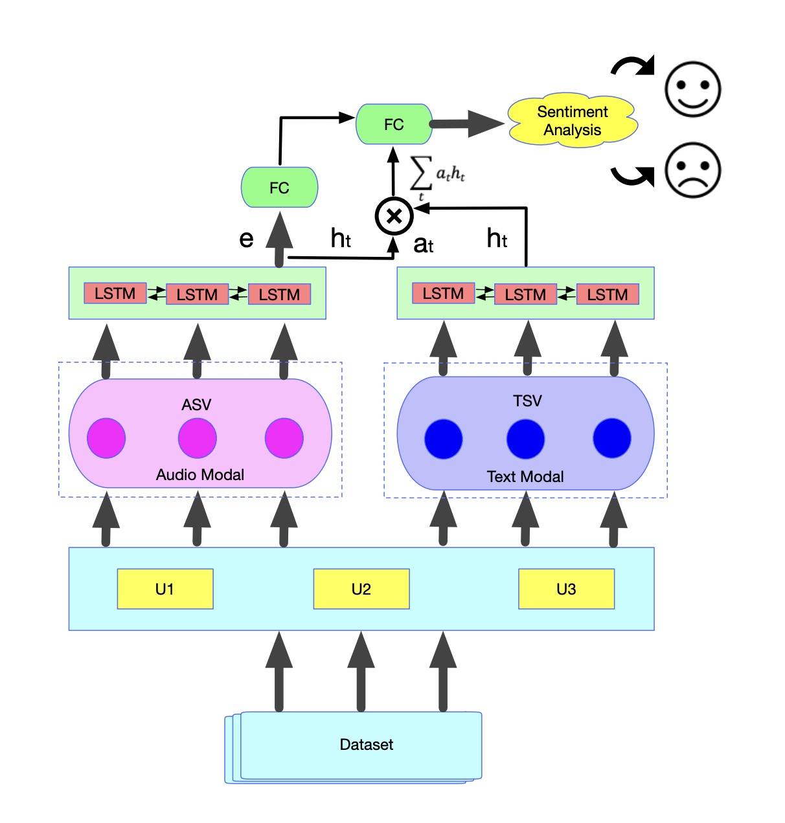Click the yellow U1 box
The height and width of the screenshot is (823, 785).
[165, 589]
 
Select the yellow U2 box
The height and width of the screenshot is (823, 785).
[361, 589]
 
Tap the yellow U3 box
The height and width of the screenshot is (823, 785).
[566, 589]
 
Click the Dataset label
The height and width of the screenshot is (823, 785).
[366, 745]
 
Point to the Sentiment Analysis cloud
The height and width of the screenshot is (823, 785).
[573, 121]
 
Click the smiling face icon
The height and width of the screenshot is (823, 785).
[692, 89]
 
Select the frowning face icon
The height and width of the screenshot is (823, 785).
[692, 170]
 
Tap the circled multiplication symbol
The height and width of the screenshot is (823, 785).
[394, 216]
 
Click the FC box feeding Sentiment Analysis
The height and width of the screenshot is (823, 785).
[394, 124]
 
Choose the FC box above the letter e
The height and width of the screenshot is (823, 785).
[279, 188]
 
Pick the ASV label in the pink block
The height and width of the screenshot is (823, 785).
[196, 405]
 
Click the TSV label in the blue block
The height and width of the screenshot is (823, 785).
[527, 401]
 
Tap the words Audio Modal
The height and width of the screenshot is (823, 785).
[200, 475]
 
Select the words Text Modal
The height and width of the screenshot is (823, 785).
[525, 477]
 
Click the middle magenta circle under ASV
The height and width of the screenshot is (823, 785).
[197, 438]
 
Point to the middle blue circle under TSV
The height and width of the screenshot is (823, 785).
[525, 439]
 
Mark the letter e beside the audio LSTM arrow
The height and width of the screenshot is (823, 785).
[246, 239]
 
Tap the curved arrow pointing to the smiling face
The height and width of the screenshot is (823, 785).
[633, 65]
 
